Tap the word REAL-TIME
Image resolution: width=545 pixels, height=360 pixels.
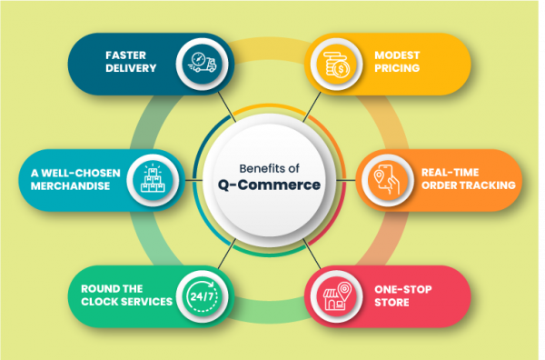click(451, 171)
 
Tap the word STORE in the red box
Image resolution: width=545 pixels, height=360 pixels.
click(392, 302)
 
